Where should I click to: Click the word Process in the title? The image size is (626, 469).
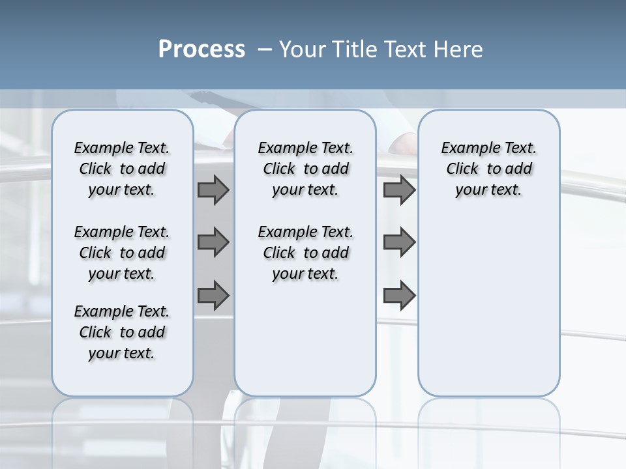pyautogui.click(x=201, y=50)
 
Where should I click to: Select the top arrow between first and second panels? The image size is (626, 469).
pyautogui.click(x=213, y=190)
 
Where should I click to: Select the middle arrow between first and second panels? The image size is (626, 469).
pyautogui.click(x=213, y=242)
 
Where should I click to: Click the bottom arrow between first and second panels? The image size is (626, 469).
pyautogui.click(x=213, y=296)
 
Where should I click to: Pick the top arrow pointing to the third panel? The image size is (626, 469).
pyautogui.click(x=399, y=190)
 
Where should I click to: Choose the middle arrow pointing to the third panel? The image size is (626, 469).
pyautogui.click(x=399, y=242)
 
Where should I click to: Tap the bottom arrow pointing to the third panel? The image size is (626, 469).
pyautogui.click(x=399, y=296)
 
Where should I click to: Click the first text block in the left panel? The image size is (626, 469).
pyautogui.click(x=122, y=169)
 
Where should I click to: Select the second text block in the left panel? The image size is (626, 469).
pyautogui.click(x=122, y=253)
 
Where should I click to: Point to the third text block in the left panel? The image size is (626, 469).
pyautogui.click(x=122, y=332)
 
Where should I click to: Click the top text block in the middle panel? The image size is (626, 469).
pyautogui.click(x=305, y=169)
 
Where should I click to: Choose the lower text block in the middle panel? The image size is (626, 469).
pyautogui.click(x=305, y=253)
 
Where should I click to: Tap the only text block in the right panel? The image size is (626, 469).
pyautogui.click(x=488, y=169)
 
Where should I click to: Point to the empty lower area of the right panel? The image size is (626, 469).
pyautogui.click(x=488, y=300)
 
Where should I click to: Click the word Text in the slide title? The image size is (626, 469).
pyautogui.click(x=407, y=50)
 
